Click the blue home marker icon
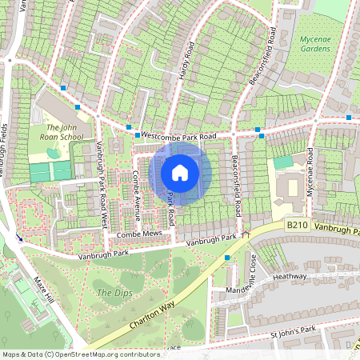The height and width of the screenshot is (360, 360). point(180,171)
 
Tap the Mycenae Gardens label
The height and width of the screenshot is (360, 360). point(314,43)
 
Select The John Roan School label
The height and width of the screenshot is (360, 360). point(65,132)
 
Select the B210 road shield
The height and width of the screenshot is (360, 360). point(297,226)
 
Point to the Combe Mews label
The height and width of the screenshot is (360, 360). point(139,234)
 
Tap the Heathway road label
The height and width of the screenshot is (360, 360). point(290,276)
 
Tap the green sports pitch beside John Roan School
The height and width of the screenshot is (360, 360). point(50,171)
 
